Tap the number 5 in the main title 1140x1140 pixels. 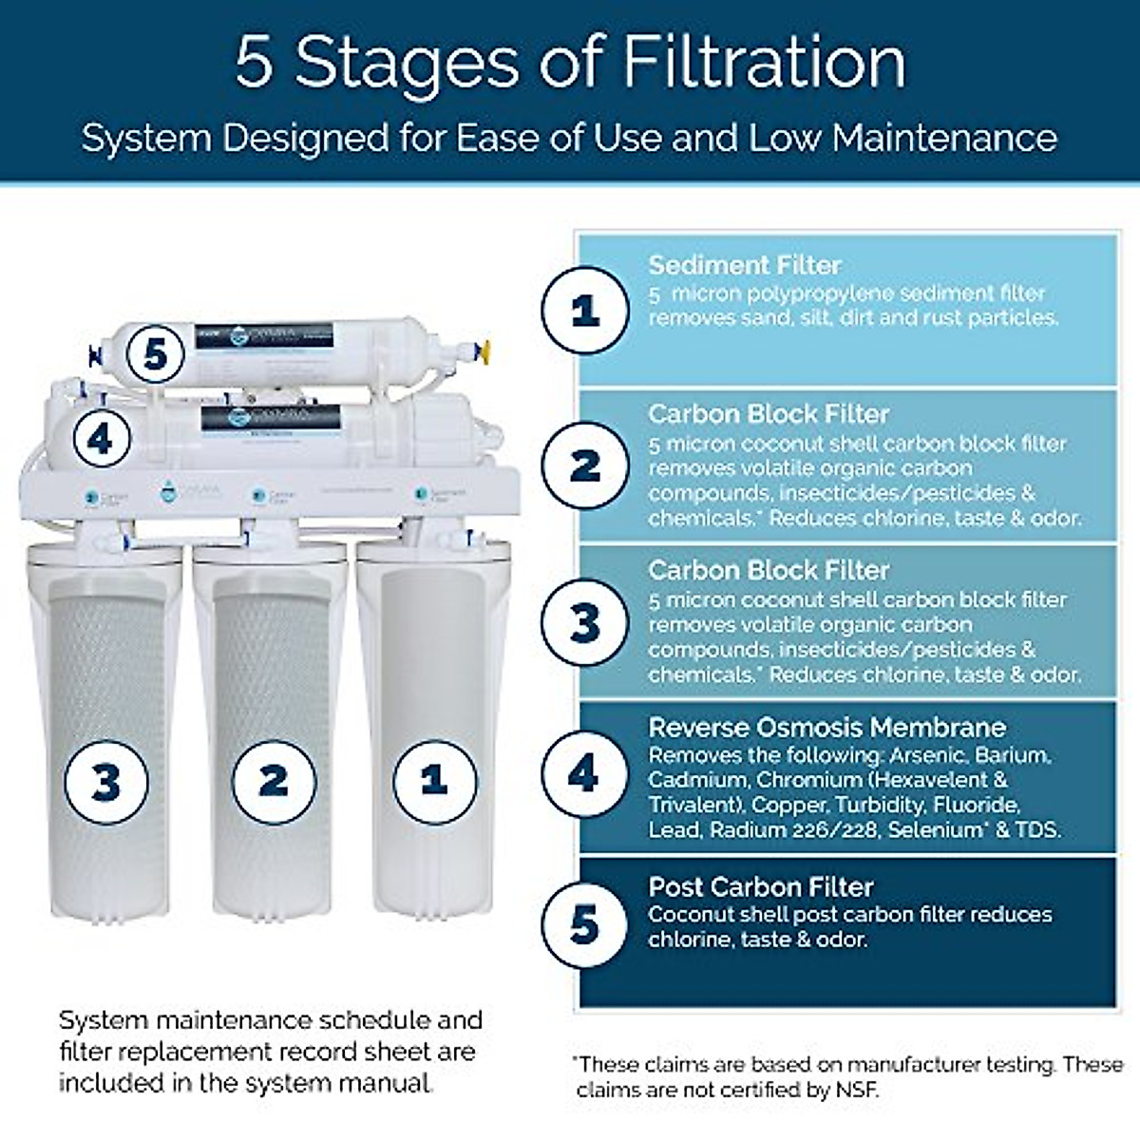tap(254, 63)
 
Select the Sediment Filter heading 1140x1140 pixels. tap(745, 265)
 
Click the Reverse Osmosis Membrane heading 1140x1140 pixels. tap(826, 728)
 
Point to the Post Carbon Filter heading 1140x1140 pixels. tap(760, 887)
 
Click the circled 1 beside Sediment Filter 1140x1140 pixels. tap(584, 310)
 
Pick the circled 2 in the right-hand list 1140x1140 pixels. tap(584, 465)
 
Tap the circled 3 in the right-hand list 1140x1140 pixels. tap(584, 623)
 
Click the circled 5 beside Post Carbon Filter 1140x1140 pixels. tap(584, 925)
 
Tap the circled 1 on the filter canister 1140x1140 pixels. tap(435, 780)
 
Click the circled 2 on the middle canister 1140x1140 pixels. tap(274, 780)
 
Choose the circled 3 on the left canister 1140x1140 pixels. tap(105, 783)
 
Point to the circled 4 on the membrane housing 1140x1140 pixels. tap(100, 439)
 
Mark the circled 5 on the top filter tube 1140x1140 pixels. tap(156, 355)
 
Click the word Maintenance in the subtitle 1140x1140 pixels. tap(945, 138)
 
